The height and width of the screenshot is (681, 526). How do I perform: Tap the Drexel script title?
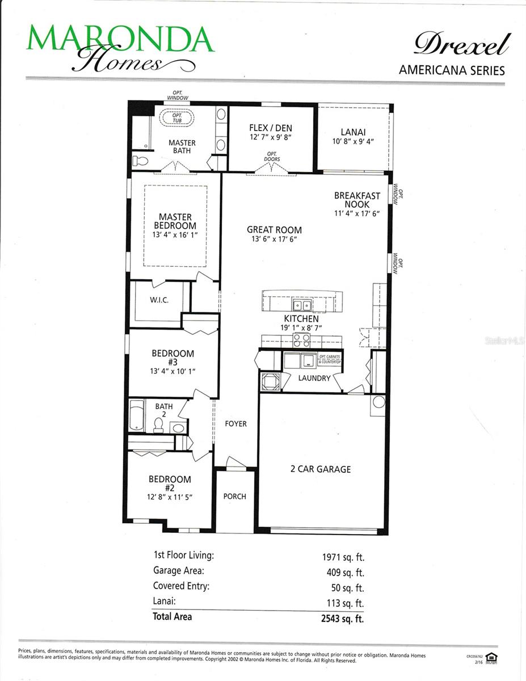[461, 44]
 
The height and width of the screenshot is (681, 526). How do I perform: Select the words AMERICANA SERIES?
[452, 70]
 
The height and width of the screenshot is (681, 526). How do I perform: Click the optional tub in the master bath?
[176, 120]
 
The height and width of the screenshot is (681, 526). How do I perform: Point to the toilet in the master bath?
[140, 161]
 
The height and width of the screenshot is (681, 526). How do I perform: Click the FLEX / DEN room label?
[271, 128]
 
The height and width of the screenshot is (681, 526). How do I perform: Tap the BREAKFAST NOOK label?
[357, 200]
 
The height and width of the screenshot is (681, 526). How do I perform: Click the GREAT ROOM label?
[274, 230]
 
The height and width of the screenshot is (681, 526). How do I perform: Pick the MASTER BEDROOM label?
[175, 221]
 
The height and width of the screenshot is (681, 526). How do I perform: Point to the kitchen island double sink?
[301, 306]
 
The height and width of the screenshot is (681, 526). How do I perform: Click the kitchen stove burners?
[301, 340]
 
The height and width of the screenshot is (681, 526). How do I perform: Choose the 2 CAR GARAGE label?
[321, 469]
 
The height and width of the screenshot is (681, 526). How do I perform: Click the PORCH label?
[234, 497]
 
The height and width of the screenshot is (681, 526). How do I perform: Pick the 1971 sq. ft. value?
[343, 557]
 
